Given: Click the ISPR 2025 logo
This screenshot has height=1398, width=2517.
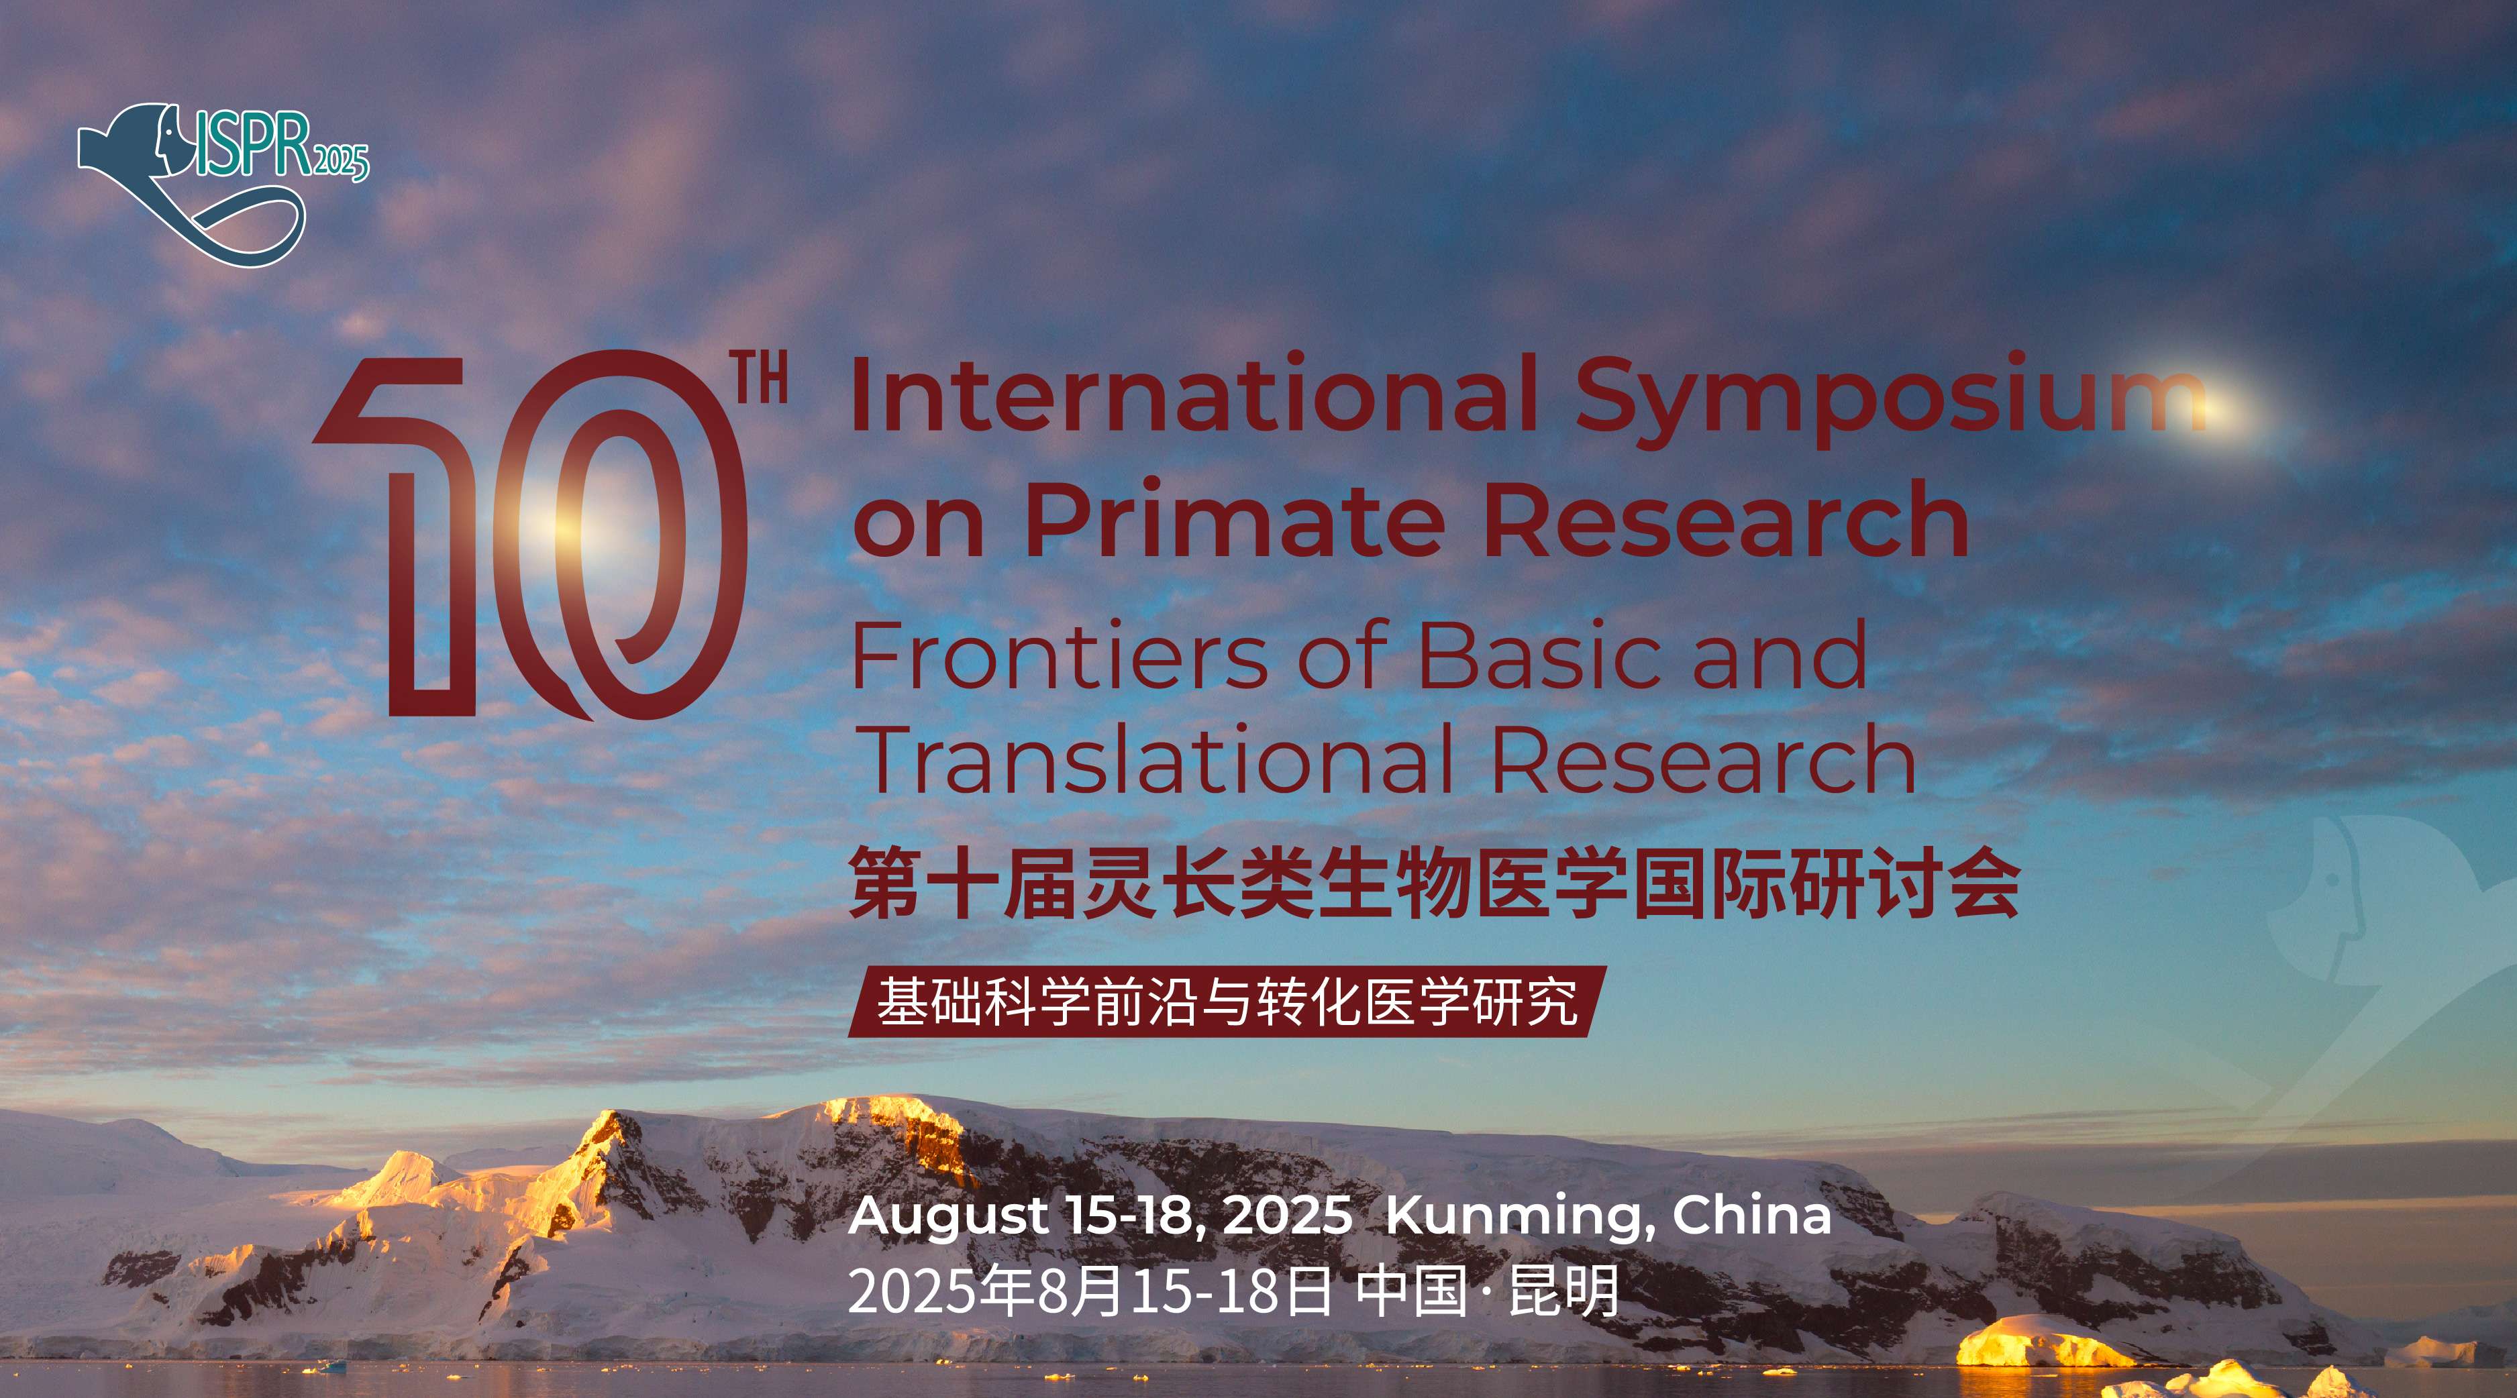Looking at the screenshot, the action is pyautogui.click(x=223, y=184).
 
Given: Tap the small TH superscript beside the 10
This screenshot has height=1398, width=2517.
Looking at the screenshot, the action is pyautogui.click(x=762, y=382).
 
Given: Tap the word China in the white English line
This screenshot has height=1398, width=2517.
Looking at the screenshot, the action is pyautogui.click(x=1752, y=1214).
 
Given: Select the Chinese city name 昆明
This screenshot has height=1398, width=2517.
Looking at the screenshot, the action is pyautogui.click(x=1564, y=1291).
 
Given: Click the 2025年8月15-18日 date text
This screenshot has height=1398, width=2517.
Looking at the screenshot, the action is pyautogui.click(x=1090, y=1291).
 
